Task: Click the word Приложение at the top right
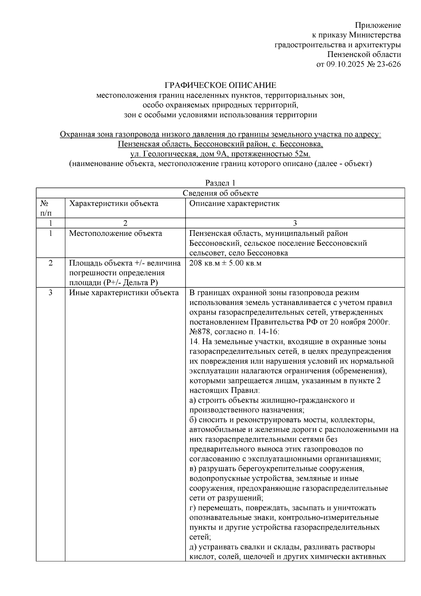377,25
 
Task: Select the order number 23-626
388,64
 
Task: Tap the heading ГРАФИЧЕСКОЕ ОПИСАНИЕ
221,85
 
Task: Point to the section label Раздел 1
220,183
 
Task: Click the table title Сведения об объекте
220,193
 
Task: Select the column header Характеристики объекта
113,204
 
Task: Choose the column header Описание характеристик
234,204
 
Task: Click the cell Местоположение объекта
115,233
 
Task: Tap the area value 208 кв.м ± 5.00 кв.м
225,263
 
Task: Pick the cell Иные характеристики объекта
124,293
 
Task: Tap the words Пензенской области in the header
364,54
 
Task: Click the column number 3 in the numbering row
295,223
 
